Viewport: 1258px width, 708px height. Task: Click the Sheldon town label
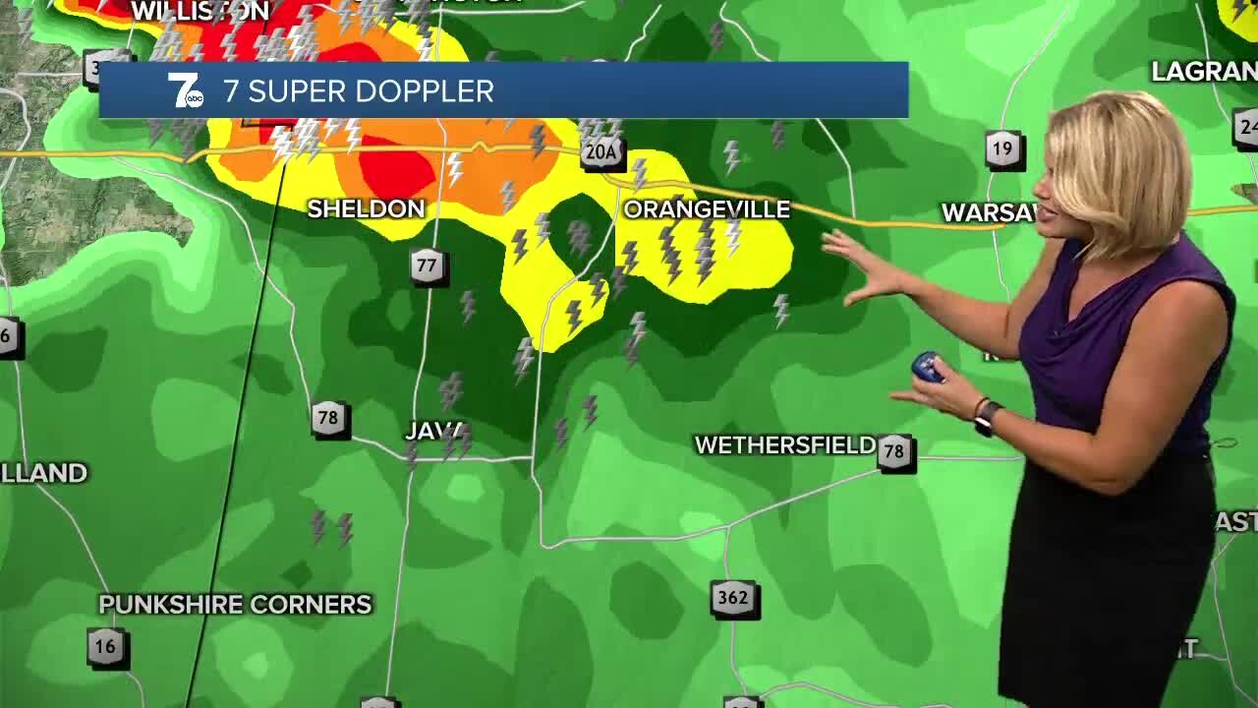click(366, 208)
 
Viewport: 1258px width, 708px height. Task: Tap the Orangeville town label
click(707, 209)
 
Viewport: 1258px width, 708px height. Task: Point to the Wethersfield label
click(784, 445)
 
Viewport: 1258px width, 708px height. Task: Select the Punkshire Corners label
click(236, 604)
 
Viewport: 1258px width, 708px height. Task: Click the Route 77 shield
click(427, 266)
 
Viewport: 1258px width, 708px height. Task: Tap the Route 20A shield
click(601, 152)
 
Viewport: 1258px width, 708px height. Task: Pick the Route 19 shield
click(1001, 150)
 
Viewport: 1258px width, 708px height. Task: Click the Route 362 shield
click(733, 598)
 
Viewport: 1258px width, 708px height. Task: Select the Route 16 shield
click(105, 647)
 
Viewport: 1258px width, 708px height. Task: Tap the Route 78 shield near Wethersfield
click(893, 452)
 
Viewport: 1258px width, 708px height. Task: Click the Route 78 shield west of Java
click(327, 418)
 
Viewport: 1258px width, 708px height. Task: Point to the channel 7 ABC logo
click(186, 91)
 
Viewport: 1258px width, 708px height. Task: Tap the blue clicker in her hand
click(928, 368)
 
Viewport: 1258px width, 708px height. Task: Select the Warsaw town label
click(988, 212)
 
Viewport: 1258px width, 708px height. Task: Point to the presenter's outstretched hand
click(855, 265)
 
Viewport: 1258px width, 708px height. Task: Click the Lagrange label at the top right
click(1203, 72)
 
